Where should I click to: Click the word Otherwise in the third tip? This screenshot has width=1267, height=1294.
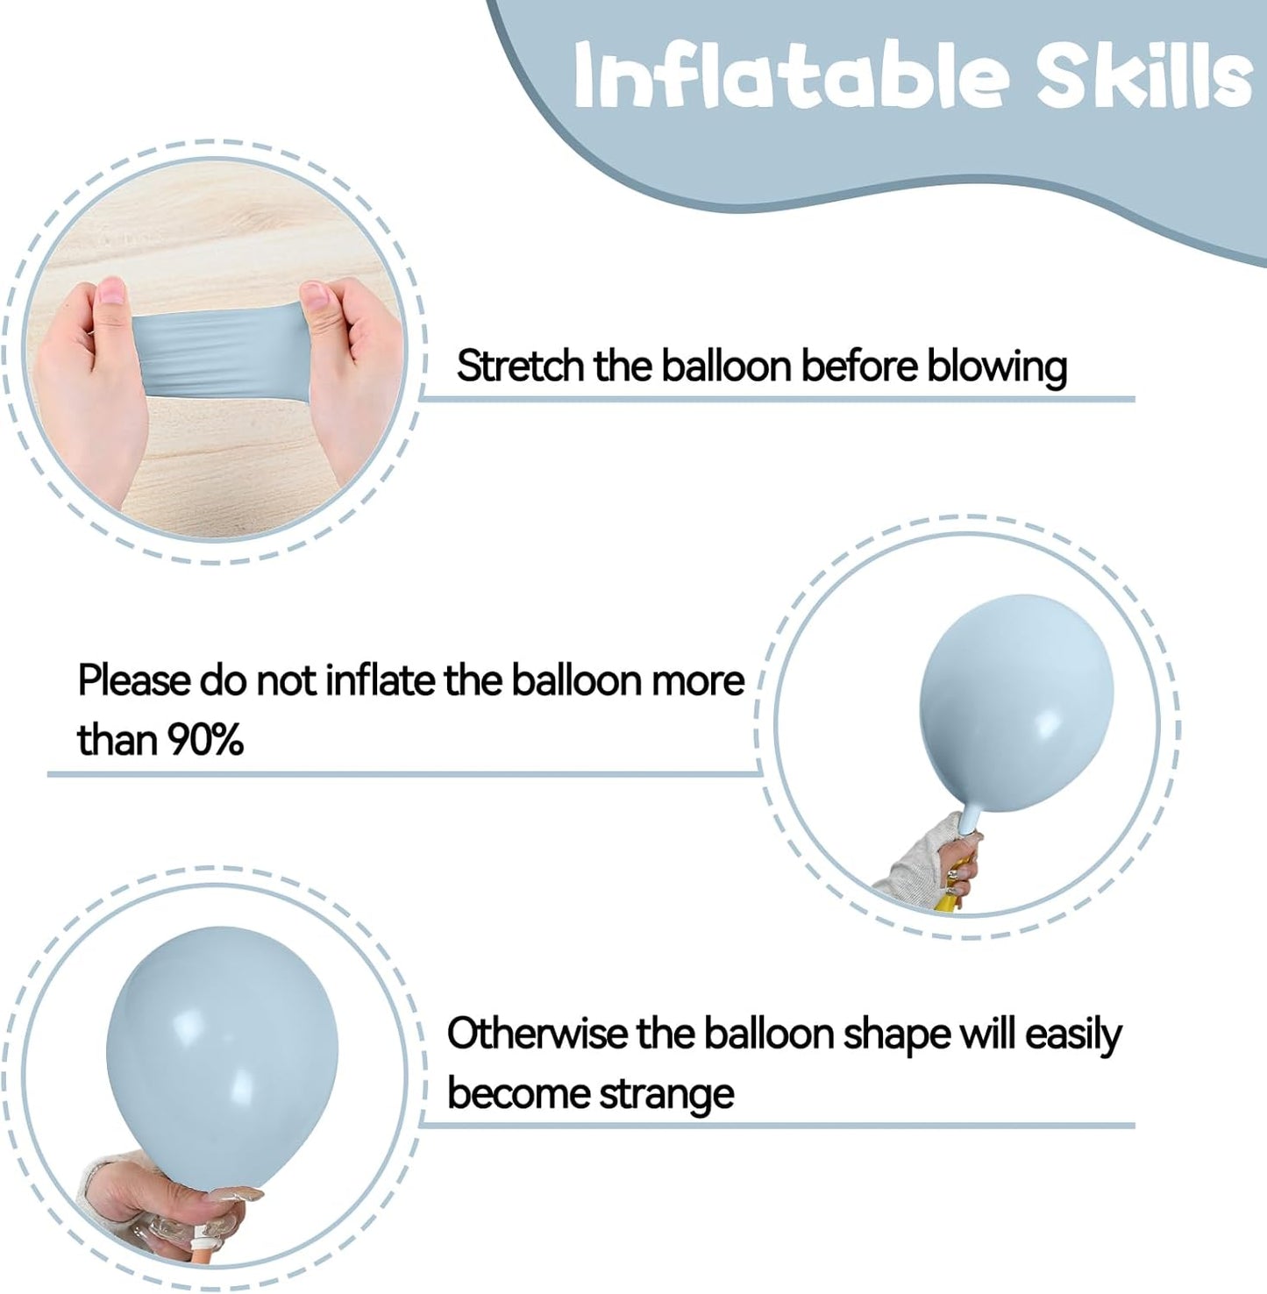(537, 1034)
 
